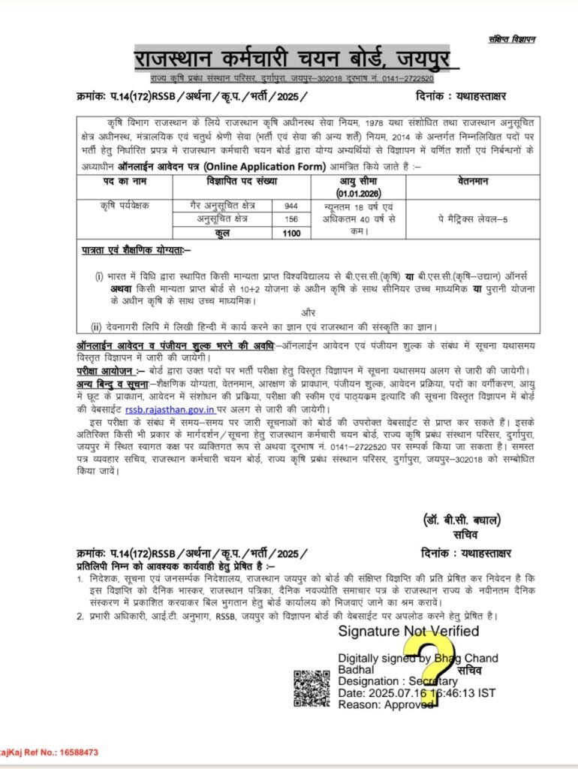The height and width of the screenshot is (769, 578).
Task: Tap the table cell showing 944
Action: pos(291,205)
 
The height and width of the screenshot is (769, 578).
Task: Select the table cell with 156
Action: pos(291,219)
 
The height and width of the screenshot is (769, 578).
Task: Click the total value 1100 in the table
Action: pos(291,233)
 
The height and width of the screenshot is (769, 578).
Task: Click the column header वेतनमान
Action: pos(473,182)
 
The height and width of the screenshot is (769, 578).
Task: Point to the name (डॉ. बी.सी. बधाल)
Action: pos(461,520)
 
